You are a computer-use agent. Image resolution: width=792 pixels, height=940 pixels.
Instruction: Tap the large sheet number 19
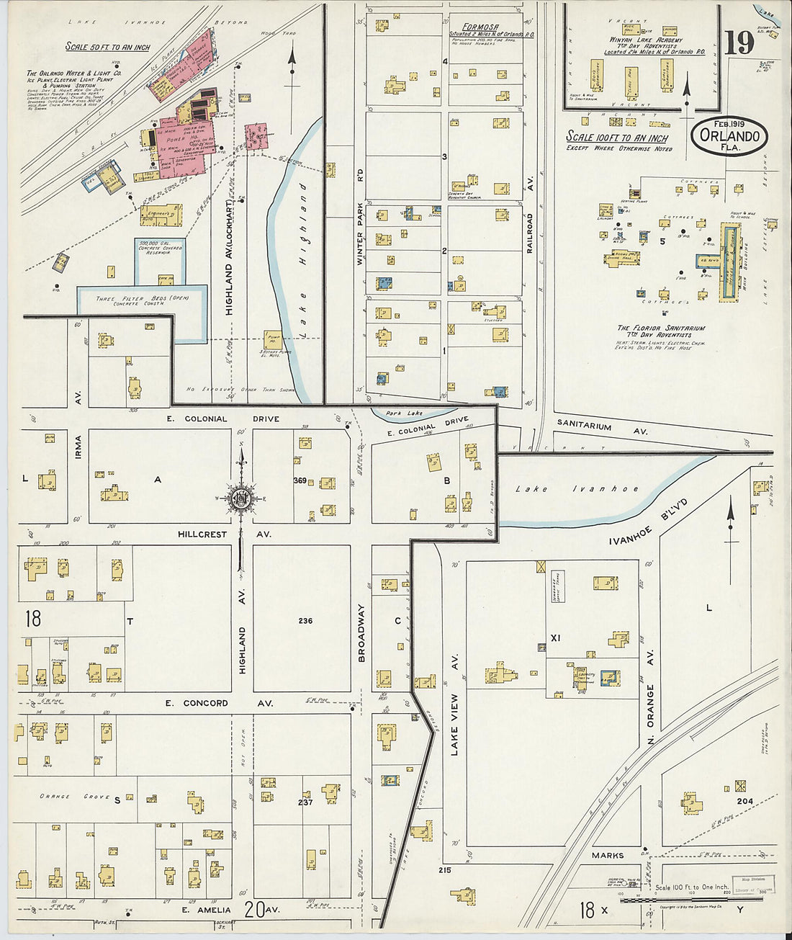coord(739,43)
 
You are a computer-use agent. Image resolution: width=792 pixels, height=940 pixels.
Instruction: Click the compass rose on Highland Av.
coord(241,498)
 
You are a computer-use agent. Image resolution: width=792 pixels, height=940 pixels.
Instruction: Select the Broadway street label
coord(361,632)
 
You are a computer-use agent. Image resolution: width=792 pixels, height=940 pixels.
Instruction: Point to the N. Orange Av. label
coord(649,686)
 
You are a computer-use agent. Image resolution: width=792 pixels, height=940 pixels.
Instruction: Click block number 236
coord(305,620)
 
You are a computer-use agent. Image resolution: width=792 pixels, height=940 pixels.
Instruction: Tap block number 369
coord(300,480)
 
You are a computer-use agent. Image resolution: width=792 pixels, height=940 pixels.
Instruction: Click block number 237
coord(305,802)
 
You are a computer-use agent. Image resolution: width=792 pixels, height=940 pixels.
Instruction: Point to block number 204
coord(744,801)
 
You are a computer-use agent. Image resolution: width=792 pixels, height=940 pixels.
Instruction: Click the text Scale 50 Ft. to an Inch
coord(108,47)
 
